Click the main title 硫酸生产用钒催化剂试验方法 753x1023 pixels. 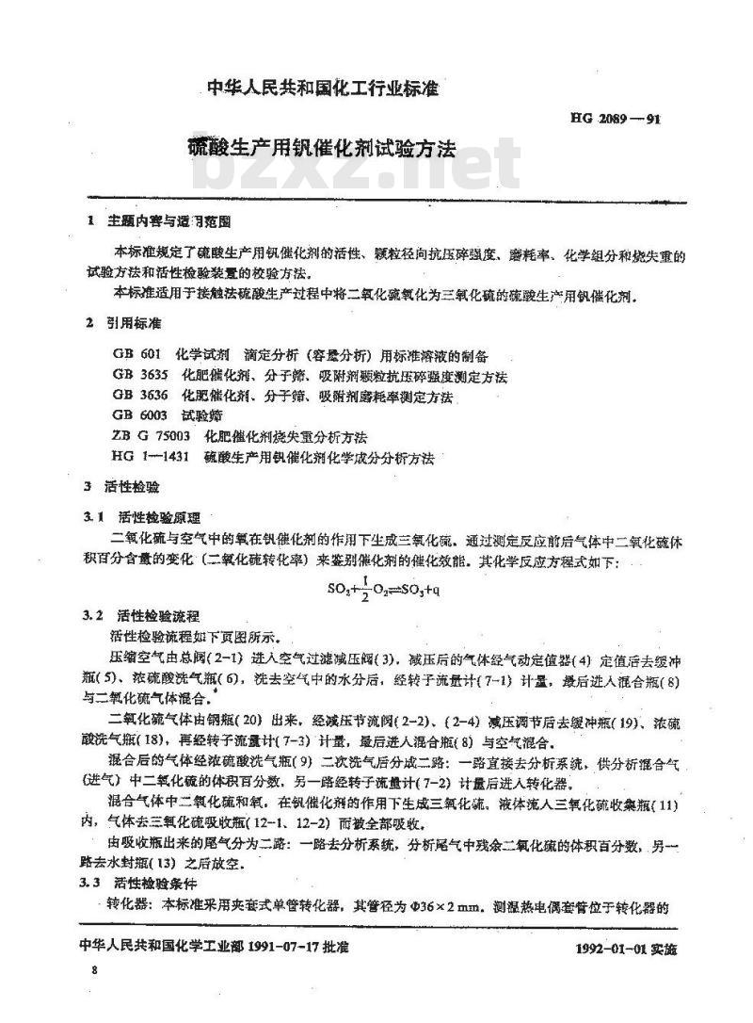(320, 149)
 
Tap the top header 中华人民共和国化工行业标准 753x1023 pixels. (324, 89)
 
